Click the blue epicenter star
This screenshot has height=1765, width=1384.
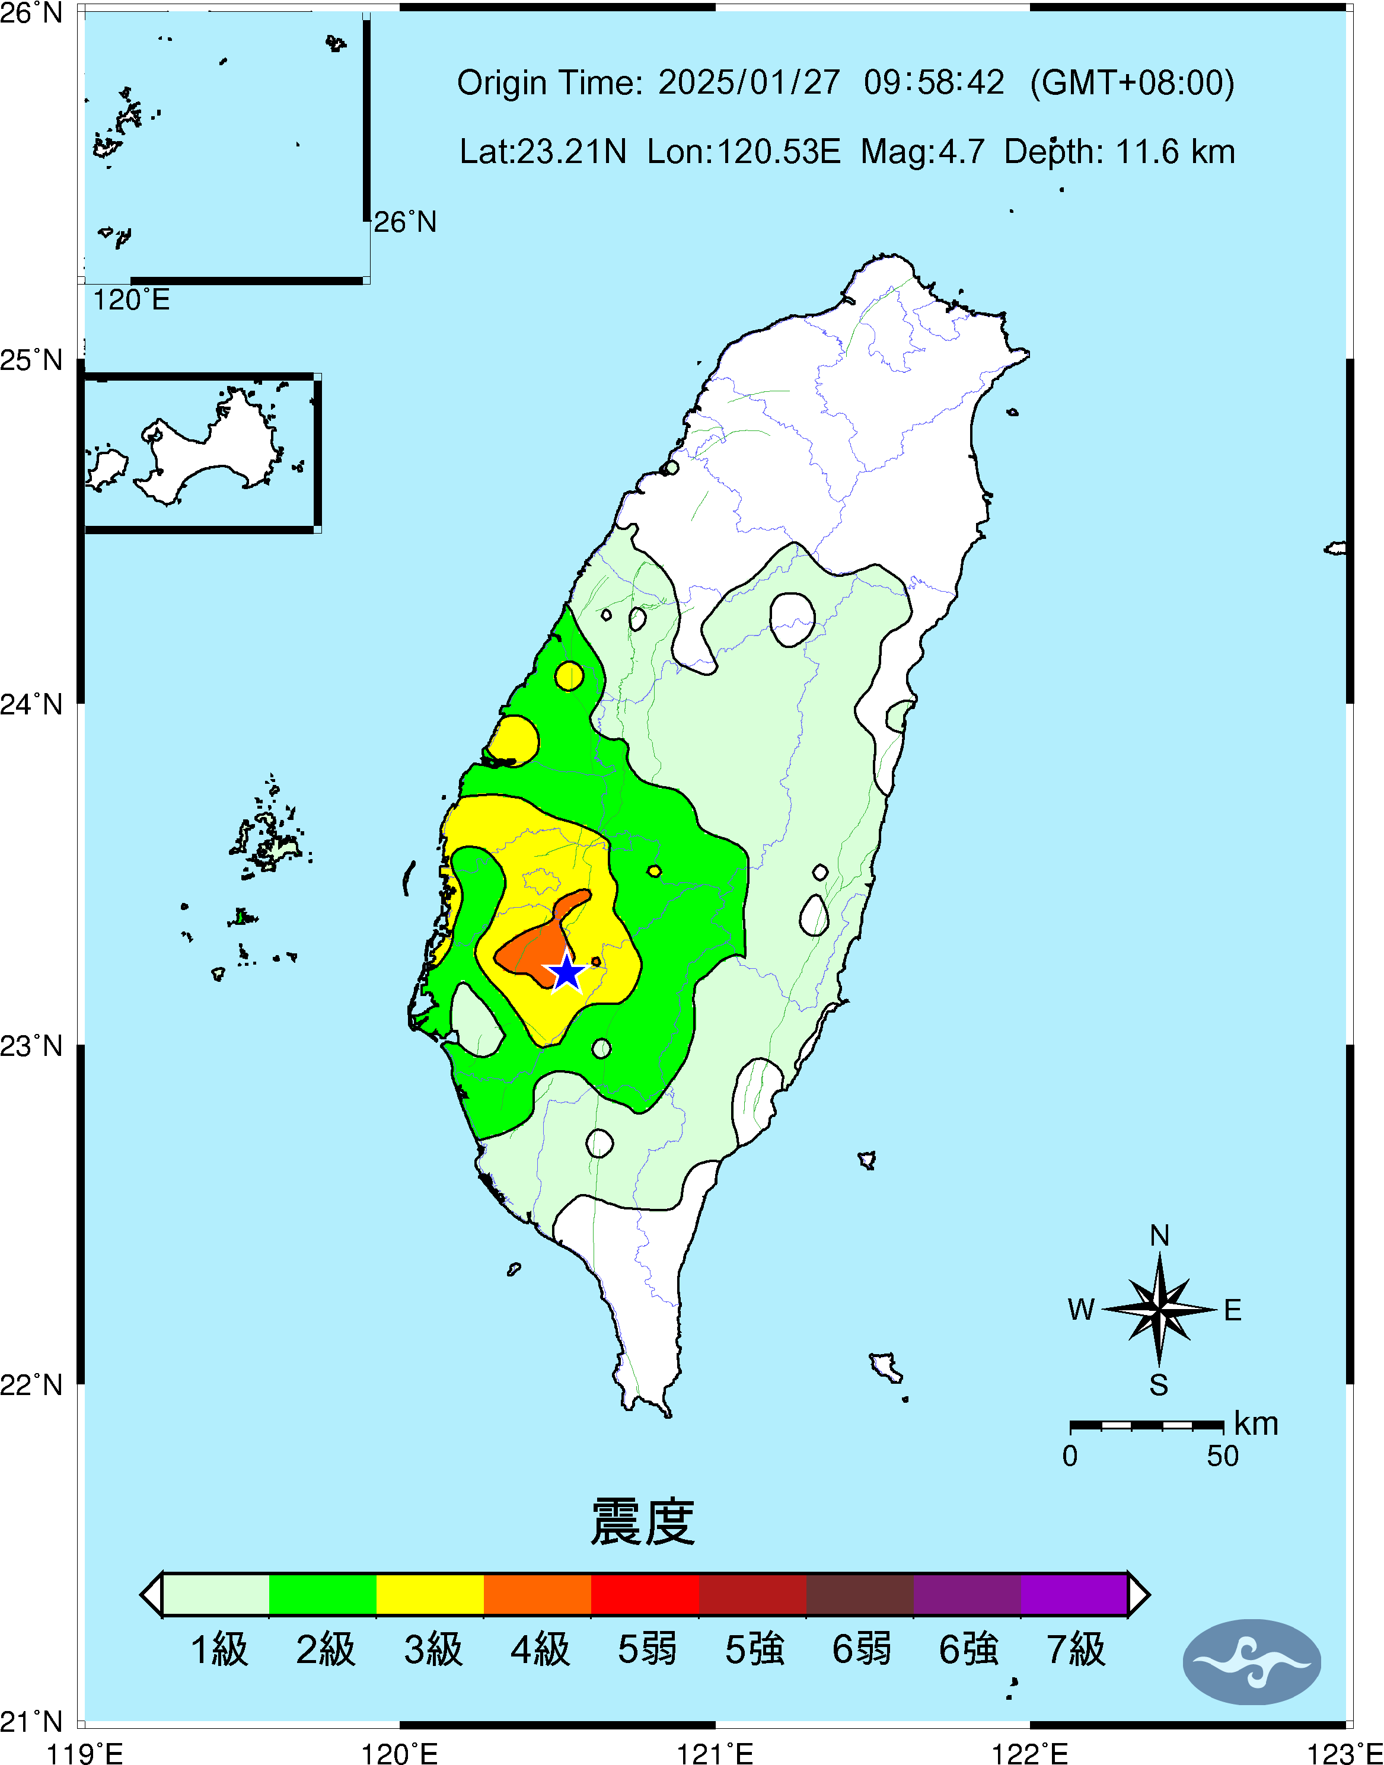pyautogui.click(x=566, y=973)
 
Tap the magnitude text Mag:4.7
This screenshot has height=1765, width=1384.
pyautogui.click(x=922, y=151)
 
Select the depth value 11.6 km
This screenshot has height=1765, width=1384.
pyautogui.click(x=1175, y=151)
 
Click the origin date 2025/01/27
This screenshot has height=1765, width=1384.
pyautogui.click(x=749, y=82)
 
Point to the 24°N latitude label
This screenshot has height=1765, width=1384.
pyautogui.click(x=31, y=704)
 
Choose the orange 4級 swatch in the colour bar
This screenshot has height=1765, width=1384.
pyautogui.click(x=537, y=1594)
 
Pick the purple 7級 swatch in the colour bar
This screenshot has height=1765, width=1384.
pyautogui.click(x=1074, y=1594)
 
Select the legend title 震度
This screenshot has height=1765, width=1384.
pyautogui.click(x=643, y=1522)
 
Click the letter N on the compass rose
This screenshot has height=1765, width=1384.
pyautogui.click(x=1159, y=1235)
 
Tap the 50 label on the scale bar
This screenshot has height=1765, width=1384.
pyautogui.click(x=1222, y=1456)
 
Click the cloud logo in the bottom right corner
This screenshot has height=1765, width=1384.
pyautogui.click(x=1251, y=1662)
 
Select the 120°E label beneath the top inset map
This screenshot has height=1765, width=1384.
pyautogui.click(x=131, y=301)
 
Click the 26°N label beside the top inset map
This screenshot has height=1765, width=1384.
pyautogui.click(x=404, y=222)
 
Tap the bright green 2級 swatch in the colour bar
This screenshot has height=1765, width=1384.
pyautogui.click(x=323, y=1594)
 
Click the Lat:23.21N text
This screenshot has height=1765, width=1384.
pyautogui.click(x=543, y=151)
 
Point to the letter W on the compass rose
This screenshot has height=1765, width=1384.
pyautogui.click(x=1081, y=1310)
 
